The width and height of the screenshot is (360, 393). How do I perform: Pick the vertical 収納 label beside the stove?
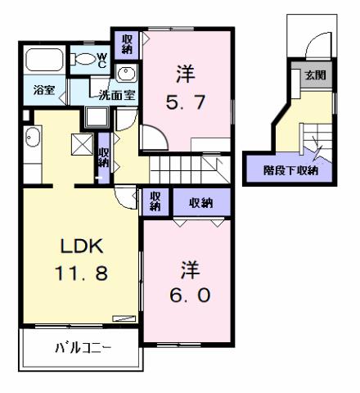click(x=103, y=156)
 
